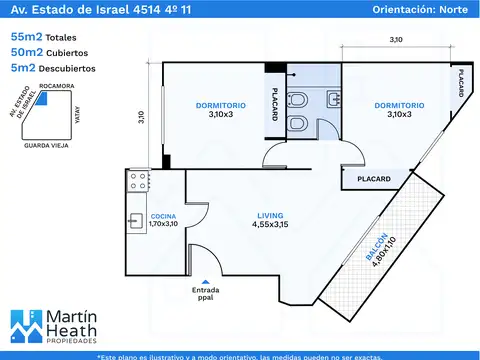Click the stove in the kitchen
[x=138, y=181]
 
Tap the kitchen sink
[x=136, y=220]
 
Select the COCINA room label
[x=163, y=216]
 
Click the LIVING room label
[x=270, y=216]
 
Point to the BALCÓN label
[x=377, y=247]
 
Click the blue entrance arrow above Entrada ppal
[x=206, y=282]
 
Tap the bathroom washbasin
[x=334, y=99]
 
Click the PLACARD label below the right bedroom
[x=374, y=179]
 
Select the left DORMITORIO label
[x=221, y=106]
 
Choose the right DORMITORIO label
[x=399, y=106]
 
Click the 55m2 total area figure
[x=27, y=37]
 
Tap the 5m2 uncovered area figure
[x=23, y=68]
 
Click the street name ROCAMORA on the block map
[x=57, y=86]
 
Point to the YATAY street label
[x=77, y=115]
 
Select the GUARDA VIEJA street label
[x=46, y=146]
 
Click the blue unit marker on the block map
[x=42, y=99]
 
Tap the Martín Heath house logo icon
[x=27, y=326]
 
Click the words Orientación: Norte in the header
[x=420, y=9]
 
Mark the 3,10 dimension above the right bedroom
[x=396, y=40]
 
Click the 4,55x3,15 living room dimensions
[x=270, y=224]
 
